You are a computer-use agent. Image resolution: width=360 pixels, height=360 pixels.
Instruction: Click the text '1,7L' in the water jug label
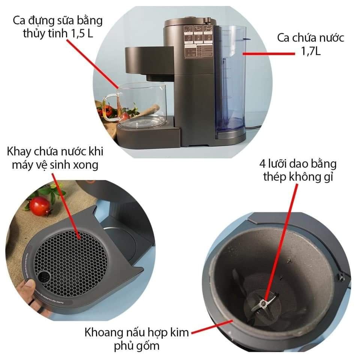click(310, 51)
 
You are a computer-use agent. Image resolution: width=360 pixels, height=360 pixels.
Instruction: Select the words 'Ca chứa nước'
click(310, 38)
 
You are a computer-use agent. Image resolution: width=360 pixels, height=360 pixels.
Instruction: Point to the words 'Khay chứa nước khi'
click(55, 152)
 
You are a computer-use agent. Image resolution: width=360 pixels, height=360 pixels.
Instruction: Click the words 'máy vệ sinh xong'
click(55, 165)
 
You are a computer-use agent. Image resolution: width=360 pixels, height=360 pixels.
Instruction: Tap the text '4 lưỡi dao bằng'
click(297, 164)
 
